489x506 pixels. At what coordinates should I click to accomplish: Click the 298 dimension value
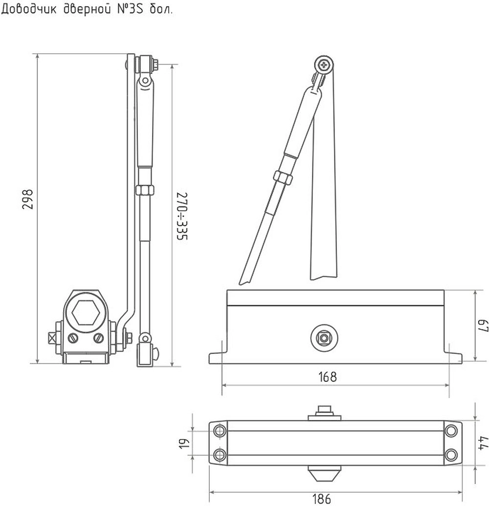point(28,199)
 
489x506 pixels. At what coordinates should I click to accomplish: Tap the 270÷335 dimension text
point(182,216)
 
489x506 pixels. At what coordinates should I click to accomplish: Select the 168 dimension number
point(327,376)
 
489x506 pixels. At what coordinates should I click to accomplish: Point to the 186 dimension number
point(321,499)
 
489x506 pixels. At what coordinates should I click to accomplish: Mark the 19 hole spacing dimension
point(184,443)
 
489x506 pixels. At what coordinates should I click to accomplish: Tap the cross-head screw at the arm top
point(324,65)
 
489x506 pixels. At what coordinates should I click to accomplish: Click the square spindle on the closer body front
point(324,338)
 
